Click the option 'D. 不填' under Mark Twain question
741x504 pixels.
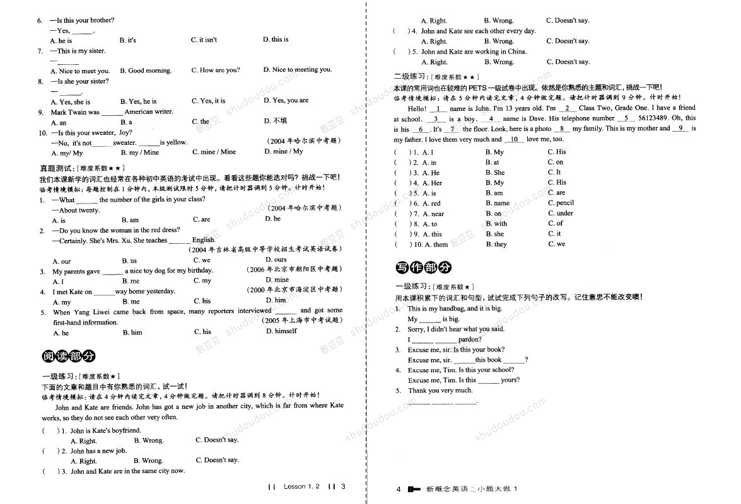tap(276, 121)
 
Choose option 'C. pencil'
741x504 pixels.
tap(561, 203)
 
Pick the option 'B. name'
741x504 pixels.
tap(498, 203)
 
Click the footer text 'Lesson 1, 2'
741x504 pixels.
tap(301, 486)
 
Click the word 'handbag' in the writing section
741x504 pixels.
tap(448, 309)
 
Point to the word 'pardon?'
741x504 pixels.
tap(470, 340)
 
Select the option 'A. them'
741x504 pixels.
tap(436, 244)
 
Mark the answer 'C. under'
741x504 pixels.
tap(560, 213)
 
